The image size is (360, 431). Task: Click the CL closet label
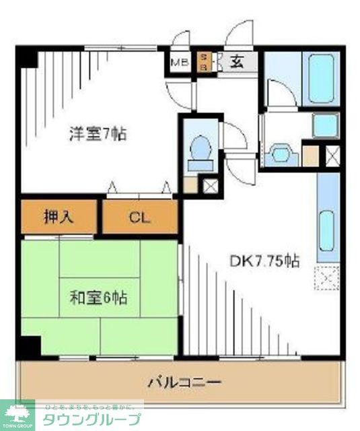(140, 218)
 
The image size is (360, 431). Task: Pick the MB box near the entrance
(178, 63)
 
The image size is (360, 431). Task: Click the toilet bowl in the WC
(199, 150)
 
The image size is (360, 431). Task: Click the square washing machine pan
(326, 125)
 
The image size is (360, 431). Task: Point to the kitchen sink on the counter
(326, 230)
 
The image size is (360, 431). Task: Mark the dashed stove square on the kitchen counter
(327, 278)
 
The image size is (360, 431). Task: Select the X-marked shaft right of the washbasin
(332, 155)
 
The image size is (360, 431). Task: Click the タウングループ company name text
(92, 419)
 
